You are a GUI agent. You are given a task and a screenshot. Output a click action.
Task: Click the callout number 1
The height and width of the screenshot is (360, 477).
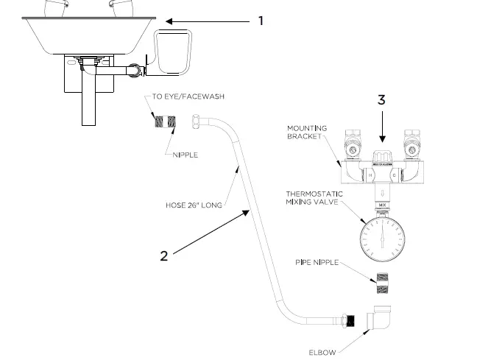coord(260,21)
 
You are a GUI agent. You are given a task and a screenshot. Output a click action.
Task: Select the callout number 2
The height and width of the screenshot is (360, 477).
coord(163,255)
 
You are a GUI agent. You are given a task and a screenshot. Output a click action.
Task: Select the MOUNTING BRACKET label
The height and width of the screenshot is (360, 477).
coord(307,133)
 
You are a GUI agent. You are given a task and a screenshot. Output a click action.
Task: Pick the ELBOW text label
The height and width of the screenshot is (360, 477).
coord(322,353)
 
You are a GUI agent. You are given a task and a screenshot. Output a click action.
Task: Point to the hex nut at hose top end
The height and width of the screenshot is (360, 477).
coord(198,122)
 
